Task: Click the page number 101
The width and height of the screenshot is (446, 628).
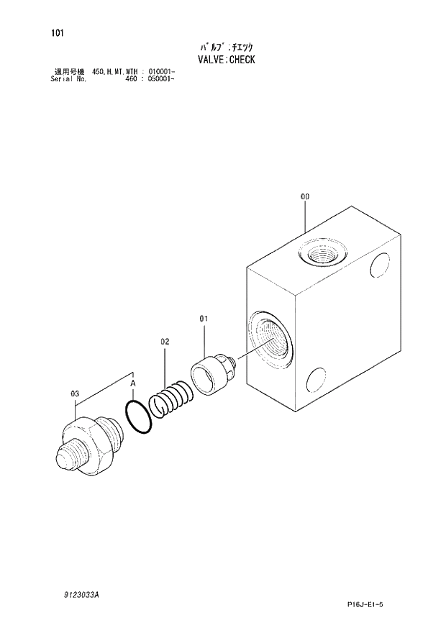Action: point(57,32)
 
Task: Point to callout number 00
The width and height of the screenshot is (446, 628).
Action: point(305,196)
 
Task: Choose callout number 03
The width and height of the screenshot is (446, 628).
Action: point(74,393)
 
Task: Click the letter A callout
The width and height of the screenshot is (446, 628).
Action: point(133,384)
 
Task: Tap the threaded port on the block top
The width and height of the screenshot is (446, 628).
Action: point(322,253)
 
